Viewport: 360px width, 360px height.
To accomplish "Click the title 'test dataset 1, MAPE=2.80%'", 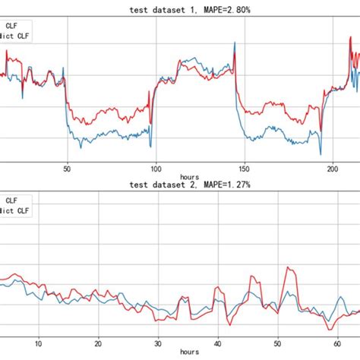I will pyautogui.click(x=180, y=9).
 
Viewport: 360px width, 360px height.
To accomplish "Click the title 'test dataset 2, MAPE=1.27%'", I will pyautogui.click(x=180, y=185).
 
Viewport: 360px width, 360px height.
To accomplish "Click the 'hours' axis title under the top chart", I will pyautogui.click(x=180, y=177).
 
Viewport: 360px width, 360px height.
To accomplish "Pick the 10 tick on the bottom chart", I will pyautogui.click(x=38, y=343).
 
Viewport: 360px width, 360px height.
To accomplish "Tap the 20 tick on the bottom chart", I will pyautogui.click(x=97, y=343).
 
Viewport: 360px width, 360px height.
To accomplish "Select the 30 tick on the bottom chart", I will pyautogui.click(x=157, y=343).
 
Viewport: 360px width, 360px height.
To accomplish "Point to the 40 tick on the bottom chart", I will pyautogui.click(x=217, y=343).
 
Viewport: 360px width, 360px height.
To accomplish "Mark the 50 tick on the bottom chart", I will pyautogui.click(x=276, y=343).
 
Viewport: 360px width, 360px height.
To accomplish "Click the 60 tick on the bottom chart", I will pyautogui.click(x=336, y=343).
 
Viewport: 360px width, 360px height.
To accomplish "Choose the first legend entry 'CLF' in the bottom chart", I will pyautogui.click(x=11, y=201).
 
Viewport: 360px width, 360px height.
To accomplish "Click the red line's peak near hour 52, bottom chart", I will pyautogui.click(x=289, y=267).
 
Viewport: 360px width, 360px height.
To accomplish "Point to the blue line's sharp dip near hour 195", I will pyautogui.click(x=321, y=154).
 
